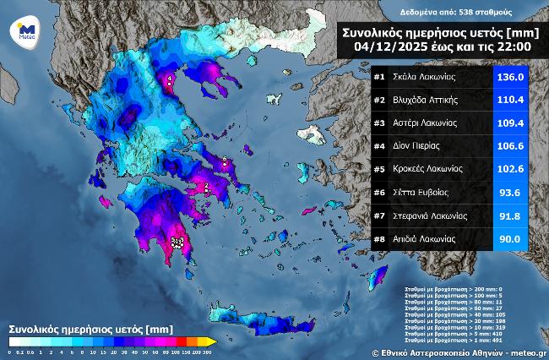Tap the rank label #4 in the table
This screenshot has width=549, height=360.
coord(379,146)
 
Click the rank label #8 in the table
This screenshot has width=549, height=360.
coord(379,239)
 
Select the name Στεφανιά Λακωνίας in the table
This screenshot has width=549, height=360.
coord(432,216)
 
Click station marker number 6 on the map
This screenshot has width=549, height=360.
coord(225,161)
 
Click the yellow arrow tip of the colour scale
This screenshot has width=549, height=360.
coord(213,341)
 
